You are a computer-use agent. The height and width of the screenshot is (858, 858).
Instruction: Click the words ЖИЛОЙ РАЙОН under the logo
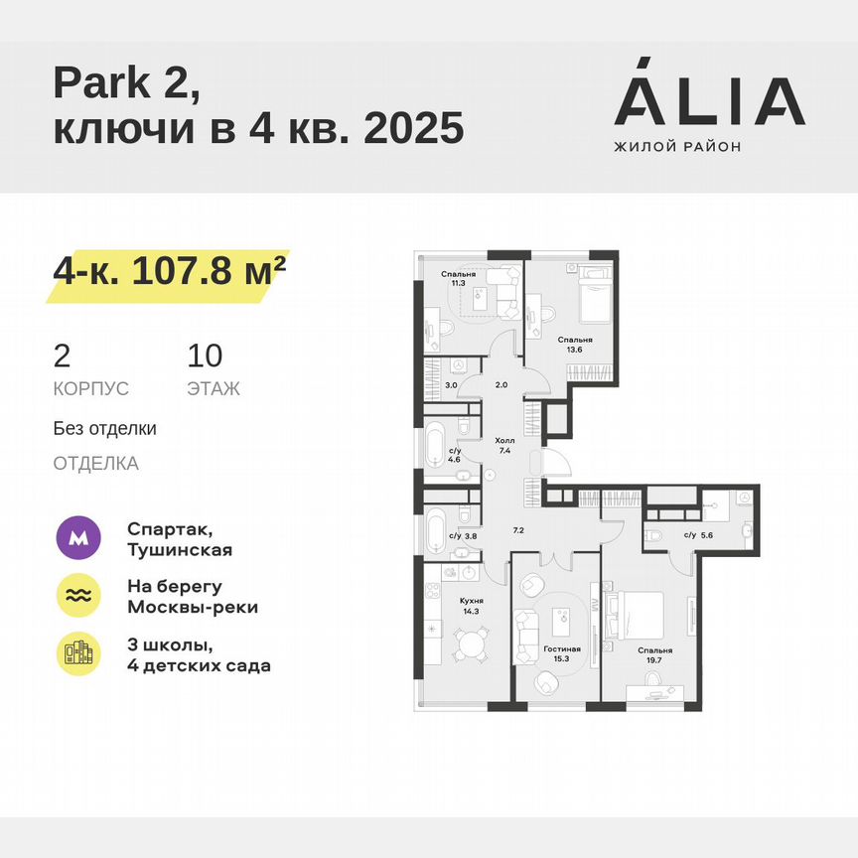677,147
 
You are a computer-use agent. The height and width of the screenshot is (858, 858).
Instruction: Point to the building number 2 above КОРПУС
62,356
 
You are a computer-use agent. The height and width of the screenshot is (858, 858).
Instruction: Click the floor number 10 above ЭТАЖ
206,356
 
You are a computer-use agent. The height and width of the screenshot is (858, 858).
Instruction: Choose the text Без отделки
105,429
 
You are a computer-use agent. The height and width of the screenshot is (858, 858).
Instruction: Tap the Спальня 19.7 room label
655,656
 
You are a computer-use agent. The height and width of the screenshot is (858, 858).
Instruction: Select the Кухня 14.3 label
472,606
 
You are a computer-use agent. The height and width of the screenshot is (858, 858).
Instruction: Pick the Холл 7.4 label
504,444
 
